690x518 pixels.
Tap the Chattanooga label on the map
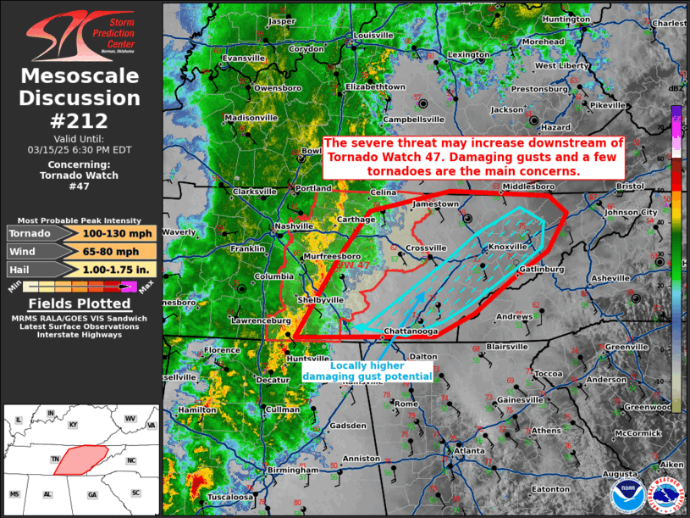[411, 331]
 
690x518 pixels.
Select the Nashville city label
[295, 227]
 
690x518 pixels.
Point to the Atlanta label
[469, 451]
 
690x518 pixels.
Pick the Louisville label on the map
[373, 36]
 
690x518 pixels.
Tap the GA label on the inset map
[92, 493]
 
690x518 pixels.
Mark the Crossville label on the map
[426, 248]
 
